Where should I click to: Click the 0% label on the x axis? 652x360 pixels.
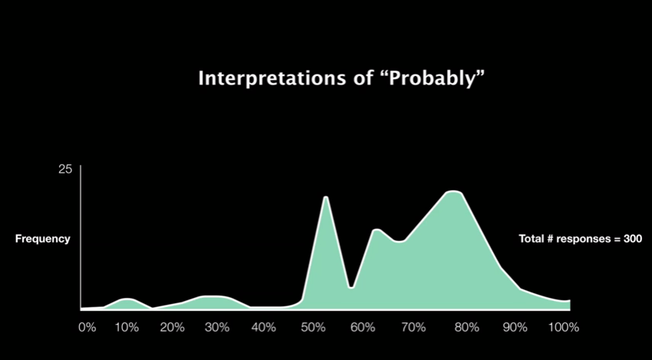(88, 328)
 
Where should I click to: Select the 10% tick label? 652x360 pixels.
(127, 328)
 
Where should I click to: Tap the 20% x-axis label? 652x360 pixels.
(172, 328)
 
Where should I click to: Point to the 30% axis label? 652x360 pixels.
(217, 328)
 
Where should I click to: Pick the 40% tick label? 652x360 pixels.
(263, 328)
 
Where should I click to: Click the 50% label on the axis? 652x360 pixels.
(313, 328)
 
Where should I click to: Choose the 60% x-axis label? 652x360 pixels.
(362, 328)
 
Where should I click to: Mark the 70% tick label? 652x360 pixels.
(413, 328)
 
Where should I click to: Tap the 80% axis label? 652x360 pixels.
(467, 328)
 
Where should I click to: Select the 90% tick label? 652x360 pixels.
(515, 328)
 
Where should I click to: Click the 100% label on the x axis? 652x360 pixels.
(564, 328)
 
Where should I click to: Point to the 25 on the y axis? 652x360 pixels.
(65, 169)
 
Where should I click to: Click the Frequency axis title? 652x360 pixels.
(43, 239)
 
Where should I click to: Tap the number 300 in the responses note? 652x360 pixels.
(633, 239)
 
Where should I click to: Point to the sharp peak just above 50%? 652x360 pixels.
(326, 197)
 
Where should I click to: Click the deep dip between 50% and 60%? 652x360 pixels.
(352, 287)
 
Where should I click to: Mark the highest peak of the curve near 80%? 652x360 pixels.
(454, 192)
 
